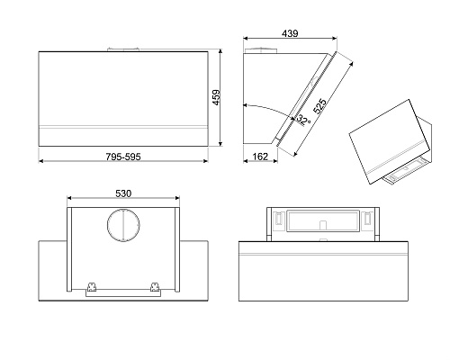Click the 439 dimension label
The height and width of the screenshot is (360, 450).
click(x=290, y=33)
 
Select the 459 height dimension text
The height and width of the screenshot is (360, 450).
click(x=216, y=97)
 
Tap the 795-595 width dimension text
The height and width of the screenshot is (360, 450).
click(x=123, y=157)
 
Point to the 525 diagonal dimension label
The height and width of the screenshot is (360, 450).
click(x=319, y=106)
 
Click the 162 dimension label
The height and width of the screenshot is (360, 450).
click(x=260, y=157)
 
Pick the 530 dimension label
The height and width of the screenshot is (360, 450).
click(x=123, y=193)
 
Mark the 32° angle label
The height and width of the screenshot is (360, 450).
click(x=303, y=120)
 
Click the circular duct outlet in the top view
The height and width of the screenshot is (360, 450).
click(x=123, y=225)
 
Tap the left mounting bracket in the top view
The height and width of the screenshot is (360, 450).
click(x=92, y=286)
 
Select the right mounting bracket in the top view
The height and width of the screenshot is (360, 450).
click(x=155, y=286)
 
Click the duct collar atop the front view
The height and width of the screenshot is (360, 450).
click(x=123, y=49)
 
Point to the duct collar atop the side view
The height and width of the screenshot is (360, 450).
click(x=261, y=50)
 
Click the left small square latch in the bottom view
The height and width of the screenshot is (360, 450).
click(x=278, y=218)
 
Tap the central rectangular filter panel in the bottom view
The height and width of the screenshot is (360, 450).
click(x=323, y=220)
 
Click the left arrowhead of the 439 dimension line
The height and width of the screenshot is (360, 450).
click(x=245, y=39)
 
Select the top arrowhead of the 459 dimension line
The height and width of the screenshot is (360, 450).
click(x=220, y=51)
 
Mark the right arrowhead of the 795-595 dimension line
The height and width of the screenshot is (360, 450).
click(x=206, y=161)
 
